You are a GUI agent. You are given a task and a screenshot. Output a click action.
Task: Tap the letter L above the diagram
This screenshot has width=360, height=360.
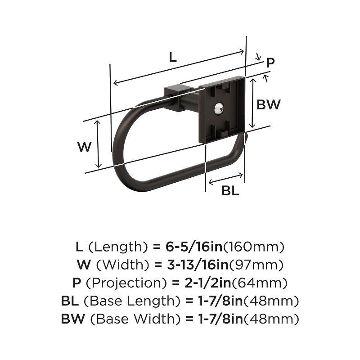tap(173, 57)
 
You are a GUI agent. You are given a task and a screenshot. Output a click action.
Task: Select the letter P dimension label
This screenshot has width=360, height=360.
tap(270, 63)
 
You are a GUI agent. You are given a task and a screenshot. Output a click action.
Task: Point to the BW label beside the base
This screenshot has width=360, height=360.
tap(269, 105)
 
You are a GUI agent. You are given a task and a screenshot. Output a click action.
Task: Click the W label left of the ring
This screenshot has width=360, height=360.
tap(84, 147)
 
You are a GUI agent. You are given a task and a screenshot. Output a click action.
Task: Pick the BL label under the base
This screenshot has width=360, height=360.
tap(230, 191)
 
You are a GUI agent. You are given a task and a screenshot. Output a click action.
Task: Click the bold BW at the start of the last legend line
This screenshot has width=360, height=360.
tap(73, 319)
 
